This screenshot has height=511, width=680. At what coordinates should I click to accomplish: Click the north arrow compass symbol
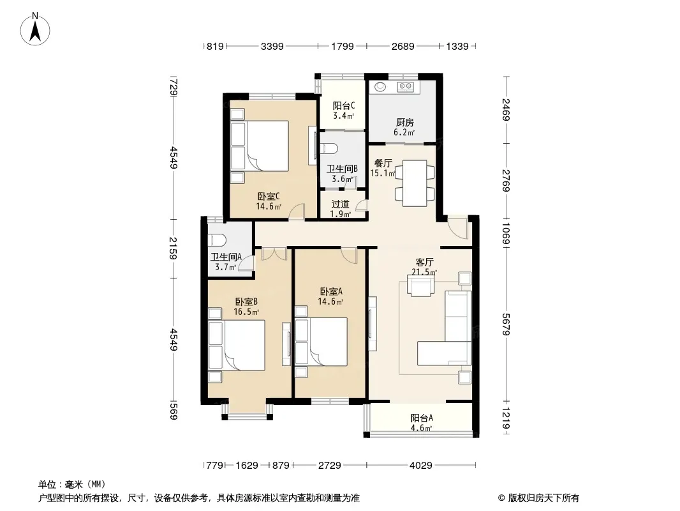(35, 29)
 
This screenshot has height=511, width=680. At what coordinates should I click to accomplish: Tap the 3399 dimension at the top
(272, 46)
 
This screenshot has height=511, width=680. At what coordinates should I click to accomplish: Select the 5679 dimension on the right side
(506, 324)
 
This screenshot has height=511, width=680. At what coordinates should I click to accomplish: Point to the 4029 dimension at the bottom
(420, 466)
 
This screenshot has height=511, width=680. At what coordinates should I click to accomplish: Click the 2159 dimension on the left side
(174, 248)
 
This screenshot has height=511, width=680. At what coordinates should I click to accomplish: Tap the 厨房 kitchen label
(404, 123)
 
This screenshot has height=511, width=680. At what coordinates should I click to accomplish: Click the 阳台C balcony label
(344, 105)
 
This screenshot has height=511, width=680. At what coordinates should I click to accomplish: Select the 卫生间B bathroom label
(342, 169)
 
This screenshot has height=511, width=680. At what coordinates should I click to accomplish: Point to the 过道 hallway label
(341, 204)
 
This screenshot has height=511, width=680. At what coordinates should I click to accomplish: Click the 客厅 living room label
(424, 263)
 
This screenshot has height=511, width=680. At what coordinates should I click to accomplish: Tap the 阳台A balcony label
(422, 418)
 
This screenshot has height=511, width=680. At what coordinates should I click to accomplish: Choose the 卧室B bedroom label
(246, 301)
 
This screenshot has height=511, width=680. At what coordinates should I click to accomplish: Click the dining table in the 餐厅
(415, 183)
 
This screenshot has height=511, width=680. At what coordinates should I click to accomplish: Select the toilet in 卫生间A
(217, 240)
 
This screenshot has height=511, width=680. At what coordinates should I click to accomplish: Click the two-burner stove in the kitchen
(406, 87)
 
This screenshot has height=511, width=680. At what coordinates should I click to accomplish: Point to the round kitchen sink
(380, 87)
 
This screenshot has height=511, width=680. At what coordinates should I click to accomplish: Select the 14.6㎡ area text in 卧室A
(330, 301)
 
